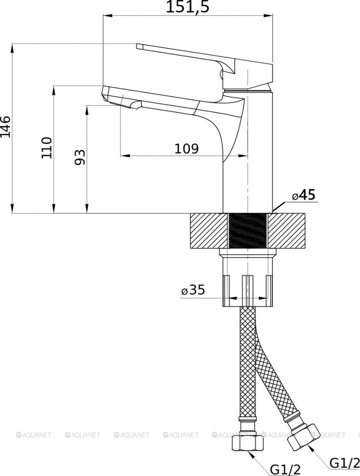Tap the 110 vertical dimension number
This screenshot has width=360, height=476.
[x=47, y=148]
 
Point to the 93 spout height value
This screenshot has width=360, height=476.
[x=80, y=157]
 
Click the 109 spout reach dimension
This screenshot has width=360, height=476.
[x=185, y=149]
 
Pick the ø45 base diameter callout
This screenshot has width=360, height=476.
[x=303, y=195]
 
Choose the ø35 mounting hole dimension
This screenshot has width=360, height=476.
[x=193, y=289]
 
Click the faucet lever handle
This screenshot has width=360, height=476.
[x=190, y=53]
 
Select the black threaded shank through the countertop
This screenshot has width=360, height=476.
[x=247, y=231]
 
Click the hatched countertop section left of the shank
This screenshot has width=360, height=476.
[x=209, y=231]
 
